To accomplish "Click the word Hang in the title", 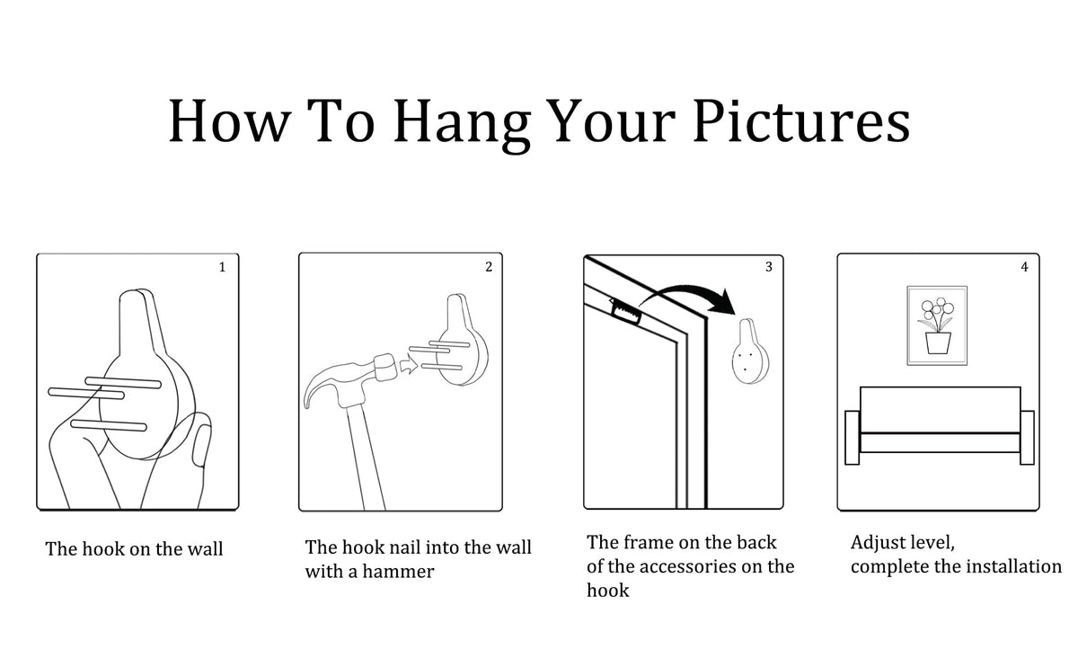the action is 462,124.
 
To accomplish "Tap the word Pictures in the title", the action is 801,120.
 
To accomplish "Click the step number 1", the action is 223,267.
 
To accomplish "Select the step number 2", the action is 489,267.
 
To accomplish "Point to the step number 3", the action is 769,267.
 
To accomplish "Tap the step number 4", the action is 1025,267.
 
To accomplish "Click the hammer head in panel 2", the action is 385,368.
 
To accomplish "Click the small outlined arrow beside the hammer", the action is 409,364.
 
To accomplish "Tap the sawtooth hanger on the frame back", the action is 626,312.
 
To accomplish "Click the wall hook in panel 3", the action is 750,351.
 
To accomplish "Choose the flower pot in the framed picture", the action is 938,343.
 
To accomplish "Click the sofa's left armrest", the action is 853,437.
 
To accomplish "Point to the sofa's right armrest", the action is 1027,437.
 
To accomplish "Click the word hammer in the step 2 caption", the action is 398,572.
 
